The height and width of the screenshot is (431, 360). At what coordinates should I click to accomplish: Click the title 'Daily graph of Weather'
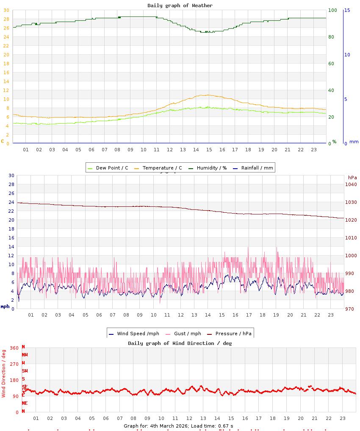click(x=180, y=6)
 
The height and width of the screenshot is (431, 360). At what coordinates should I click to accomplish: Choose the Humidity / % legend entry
click(x=208, y=168)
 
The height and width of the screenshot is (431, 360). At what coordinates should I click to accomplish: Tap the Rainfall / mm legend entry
click(x=253, y=168)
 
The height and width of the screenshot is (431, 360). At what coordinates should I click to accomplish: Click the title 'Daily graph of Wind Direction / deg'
click(x=180, y=343)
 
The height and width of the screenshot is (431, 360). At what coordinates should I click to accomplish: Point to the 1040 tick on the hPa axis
click(x=351, y=184)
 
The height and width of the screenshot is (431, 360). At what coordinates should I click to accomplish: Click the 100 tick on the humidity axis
click(x=333, y=10)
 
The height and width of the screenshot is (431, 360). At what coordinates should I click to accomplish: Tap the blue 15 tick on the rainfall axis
click(x=347, y=10)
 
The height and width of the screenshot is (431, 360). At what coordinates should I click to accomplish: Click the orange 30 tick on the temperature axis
click(x=6, y=10)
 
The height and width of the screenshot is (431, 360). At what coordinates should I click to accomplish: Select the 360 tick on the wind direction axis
click(x=14, y=348)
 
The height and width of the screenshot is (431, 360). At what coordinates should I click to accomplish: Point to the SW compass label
click(x=25, y=371)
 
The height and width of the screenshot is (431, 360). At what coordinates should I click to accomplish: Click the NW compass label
click(x=25, y=355)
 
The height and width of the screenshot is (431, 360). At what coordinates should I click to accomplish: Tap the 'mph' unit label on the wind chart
click(x=5, y=306)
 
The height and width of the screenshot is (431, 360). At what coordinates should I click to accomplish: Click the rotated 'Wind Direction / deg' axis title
click(x=4, y=373)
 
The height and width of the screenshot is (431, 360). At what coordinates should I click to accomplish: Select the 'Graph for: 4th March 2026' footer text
click(x=178, y=425)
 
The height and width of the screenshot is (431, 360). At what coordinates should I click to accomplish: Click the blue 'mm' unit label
click(x=354, y=142)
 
